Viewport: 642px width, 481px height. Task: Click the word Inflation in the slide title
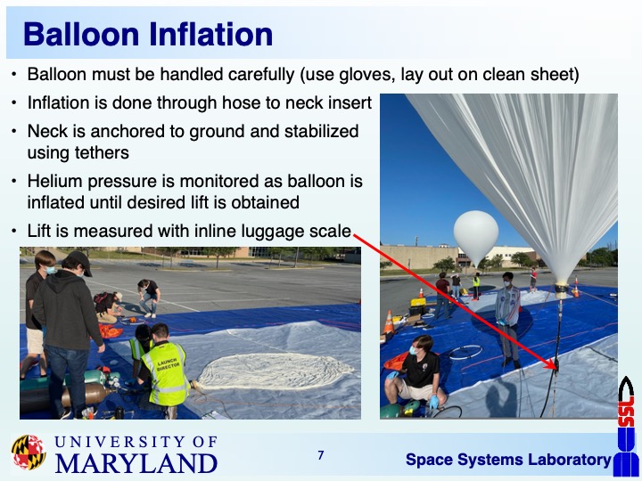point(210,35)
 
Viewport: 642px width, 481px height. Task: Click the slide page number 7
point(321,455)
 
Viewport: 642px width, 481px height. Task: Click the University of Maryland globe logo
point(29,452)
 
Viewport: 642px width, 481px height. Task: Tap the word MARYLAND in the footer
point(136,463)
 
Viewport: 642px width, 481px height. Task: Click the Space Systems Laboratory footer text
point(508,460)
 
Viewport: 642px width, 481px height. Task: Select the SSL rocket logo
point(626,426)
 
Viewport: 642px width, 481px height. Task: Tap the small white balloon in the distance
point(476,236)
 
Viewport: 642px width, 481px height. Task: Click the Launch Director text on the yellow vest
point(168,363)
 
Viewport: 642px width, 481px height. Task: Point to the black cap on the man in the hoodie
point(80,261)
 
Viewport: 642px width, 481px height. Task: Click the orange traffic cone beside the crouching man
point(389,322)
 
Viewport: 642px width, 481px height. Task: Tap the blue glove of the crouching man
point(434,402)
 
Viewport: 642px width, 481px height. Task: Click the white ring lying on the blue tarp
point(465,352)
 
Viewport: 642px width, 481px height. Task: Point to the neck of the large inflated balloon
point(562,290)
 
